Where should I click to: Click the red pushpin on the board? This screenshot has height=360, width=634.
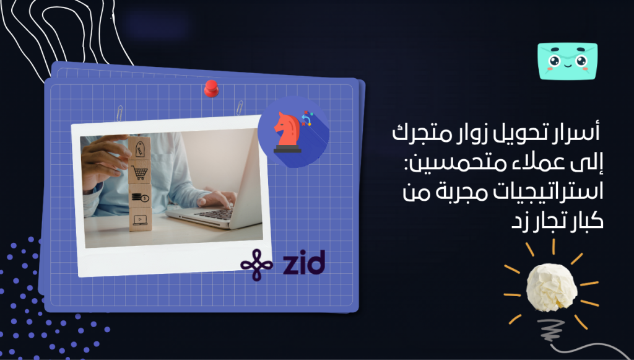point(211,89)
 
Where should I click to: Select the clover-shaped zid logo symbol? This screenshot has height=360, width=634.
point(256,265)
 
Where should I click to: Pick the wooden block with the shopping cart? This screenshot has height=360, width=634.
point(140,173)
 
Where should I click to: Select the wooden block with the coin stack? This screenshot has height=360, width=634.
point(140,197)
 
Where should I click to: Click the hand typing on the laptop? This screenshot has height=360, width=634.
point(217,198)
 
